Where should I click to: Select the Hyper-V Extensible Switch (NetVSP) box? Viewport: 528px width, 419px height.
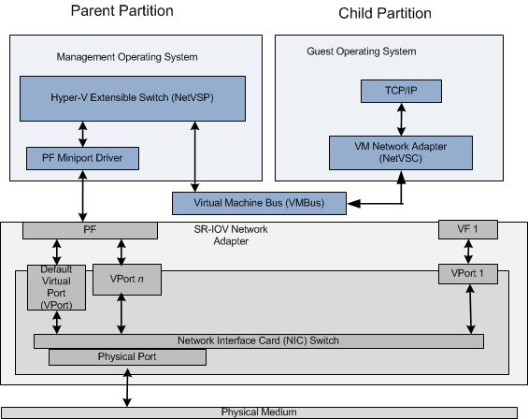(132, 95)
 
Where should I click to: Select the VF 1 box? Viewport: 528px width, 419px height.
(467, 229)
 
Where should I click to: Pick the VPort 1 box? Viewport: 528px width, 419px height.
(467, 275)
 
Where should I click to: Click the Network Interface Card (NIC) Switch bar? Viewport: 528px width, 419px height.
(259, 340)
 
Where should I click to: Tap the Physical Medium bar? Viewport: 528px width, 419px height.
(259, 412)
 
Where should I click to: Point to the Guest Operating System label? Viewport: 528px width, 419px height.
(361, 51)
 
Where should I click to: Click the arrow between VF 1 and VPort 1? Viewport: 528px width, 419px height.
(467, 252)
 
